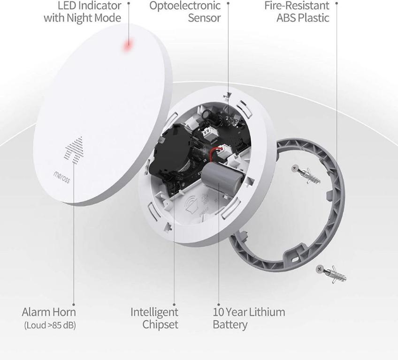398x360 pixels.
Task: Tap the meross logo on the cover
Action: [61, 177]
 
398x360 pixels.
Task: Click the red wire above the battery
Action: [216, 152]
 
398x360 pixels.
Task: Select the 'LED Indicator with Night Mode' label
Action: [83, 12]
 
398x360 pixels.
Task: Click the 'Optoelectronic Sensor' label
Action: [185, 12]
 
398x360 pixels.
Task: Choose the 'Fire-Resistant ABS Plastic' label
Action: [296, 12]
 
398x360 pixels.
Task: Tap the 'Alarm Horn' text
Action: [49, 312]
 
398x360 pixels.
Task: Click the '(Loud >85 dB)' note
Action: [49, 325]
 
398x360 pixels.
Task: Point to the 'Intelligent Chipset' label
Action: [154, 318]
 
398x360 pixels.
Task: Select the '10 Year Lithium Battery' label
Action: [249, 318]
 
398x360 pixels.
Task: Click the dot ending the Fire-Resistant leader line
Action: [337, 2]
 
